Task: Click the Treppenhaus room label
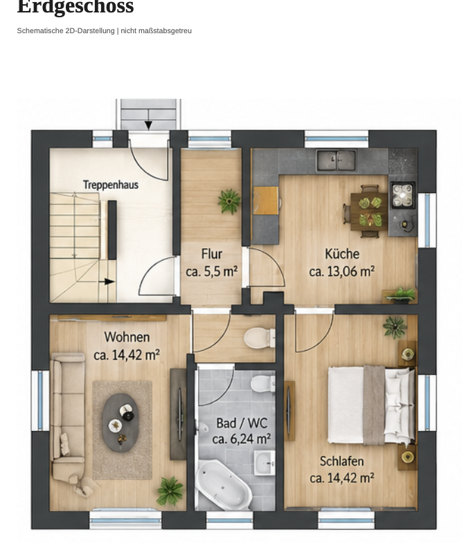tap(111, 185)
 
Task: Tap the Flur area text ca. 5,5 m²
tap(211, 271)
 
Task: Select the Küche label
tap(342, 254)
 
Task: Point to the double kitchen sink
tap(336, 160)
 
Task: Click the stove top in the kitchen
tap(402, 195)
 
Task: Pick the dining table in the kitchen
tap(369, 211)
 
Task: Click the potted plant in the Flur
tap(229, 201)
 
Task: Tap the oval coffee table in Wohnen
tap(120, 423)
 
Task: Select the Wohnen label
tap(127, 338)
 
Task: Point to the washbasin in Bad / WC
tap(265, 463)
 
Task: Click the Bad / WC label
tap(242, 423)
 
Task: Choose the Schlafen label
tap(341, 461)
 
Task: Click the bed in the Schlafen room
tap(371, 405)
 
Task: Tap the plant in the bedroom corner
tap(395, 326)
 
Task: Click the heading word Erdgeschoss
tap(75, 7)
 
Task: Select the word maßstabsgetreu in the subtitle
tap(165, 31)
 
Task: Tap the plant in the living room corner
tap(170, 490)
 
